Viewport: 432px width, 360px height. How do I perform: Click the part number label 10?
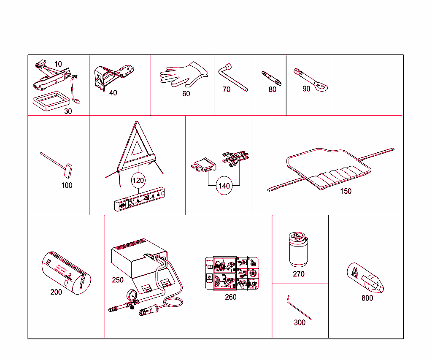pos(58,64)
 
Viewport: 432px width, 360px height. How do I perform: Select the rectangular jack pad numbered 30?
pos(50,102)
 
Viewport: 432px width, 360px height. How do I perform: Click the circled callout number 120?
pos(138,181)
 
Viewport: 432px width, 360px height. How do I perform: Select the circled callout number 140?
pos(224,185)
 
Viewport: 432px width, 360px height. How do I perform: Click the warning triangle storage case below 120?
pos(139,199)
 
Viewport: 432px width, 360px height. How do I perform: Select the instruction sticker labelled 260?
pos(231,273)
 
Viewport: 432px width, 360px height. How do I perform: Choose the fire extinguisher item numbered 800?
pos(366,279)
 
